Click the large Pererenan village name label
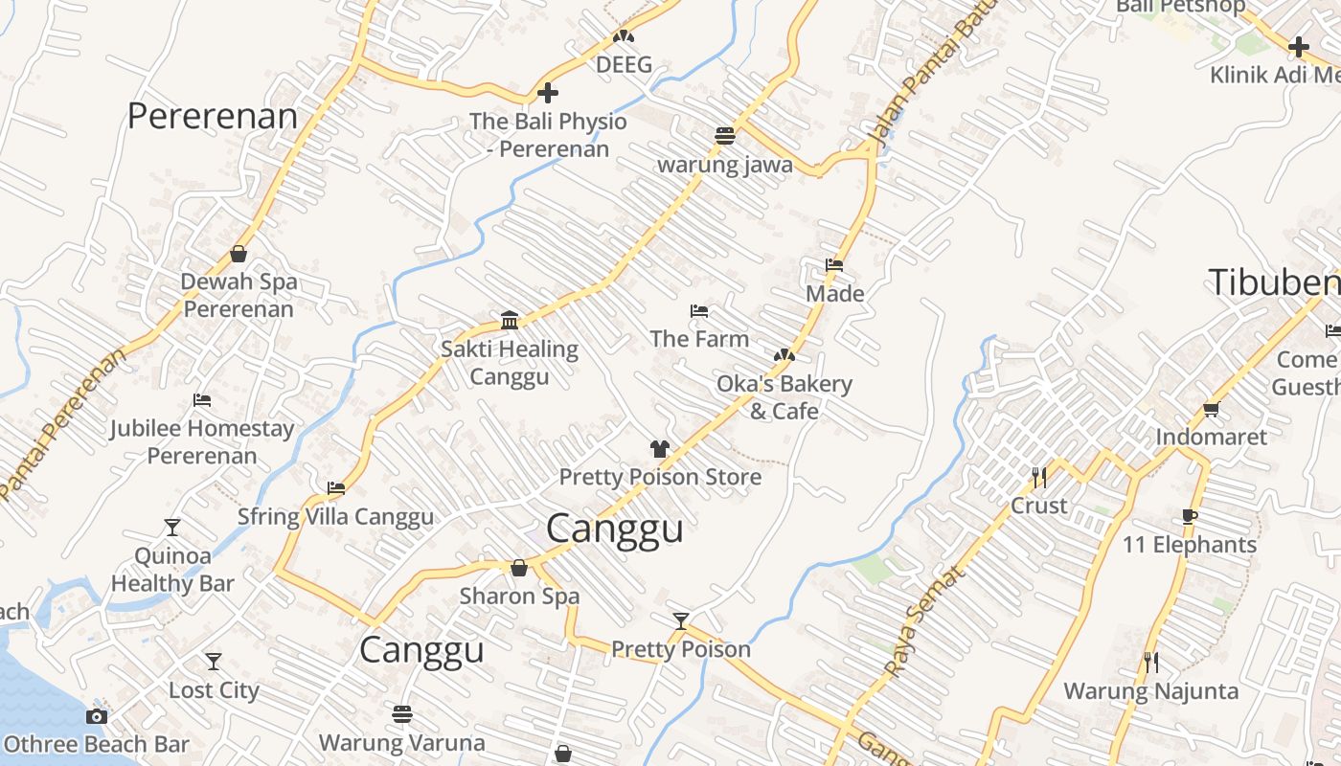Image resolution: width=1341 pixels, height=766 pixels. pos(213,116)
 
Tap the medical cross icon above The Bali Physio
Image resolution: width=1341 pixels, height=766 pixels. pos(548,93)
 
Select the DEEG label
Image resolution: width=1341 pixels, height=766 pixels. pos(624,65)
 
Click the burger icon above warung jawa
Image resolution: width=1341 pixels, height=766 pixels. pos(725,135)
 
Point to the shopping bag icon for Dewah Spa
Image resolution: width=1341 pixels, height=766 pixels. pos(239,254)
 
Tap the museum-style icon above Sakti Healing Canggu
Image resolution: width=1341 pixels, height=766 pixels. pos(510,320)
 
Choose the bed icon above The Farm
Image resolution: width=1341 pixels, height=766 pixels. pos(699,311)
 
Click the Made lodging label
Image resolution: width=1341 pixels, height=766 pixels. pos(834,293)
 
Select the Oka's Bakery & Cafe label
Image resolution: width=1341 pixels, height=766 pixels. pos(784,397)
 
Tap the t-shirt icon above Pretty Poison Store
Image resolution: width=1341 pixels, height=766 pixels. pos(659,448)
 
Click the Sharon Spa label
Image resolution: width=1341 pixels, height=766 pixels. pos(519,596)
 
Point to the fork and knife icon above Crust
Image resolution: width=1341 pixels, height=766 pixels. pos(1039,477)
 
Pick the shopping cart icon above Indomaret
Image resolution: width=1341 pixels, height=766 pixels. pos(1211,409)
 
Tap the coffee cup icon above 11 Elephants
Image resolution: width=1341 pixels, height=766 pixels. pos(1190,516)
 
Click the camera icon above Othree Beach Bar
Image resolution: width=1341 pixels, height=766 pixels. pos(96,716)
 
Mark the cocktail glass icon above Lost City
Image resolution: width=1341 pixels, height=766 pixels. pos(214,662)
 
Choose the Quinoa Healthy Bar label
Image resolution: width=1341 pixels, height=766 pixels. pos(172,569)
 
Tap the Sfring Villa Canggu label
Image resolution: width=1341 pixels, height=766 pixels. pos(335,517)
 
